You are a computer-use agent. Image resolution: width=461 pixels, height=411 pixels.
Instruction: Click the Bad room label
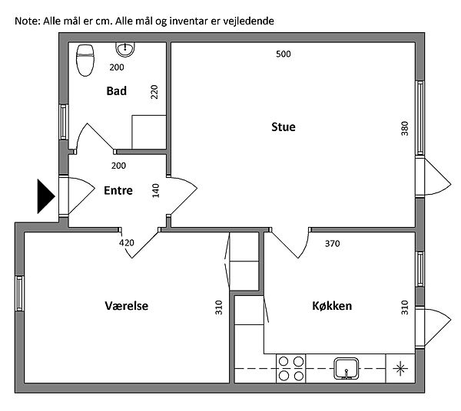tap(117, 90)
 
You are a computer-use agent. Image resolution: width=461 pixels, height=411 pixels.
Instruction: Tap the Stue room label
tap(283, 127)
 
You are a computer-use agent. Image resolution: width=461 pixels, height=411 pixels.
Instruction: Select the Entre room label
tap(118, 191)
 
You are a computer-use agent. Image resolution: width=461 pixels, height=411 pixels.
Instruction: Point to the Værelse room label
tap(126, 306)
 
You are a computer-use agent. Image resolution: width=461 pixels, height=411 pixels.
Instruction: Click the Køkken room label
tap(332, 306)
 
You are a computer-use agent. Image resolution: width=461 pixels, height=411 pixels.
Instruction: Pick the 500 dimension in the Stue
tap(284, 54)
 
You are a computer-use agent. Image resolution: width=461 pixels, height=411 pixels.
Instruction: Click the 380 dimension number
tap(405, 128)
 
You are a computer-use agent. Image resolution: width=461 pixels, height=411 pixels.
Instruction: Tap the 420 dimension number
tap(127, 243)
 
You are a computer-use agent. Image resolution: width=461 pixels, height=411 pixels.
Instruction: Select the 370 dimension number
tap(332, 244)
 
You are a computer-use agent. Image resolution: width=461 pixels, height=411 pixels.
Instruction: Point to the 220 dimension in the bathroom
tap(154, 92)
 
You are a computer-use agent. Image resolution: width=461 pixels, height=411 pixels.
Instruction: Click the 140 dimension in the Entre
tap(156, 190)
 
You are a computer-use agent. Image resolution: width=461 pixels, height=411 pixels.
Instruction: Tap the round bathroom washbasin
tap(124, 49)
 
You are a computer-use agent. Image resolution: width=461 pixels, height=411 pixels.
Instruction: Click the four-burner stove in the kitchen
tap(291, 368)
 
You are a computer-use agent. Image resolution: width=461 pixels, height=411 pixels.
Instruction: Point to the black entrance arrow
tap(45, 196)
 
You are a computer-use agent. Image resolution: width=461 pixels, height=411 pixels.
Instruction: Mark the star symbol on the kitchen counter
tap(400, 368)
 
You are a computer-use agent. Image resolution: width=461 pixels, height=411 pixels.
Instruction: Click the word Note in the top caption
tap(25, 21)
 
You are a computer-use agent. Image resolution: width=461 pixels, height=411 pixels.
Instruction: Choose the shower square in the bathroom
tap(149, 132)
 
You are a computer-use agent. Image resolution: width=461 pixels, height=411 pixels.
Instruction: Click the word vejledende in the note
tap(250, 21)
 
